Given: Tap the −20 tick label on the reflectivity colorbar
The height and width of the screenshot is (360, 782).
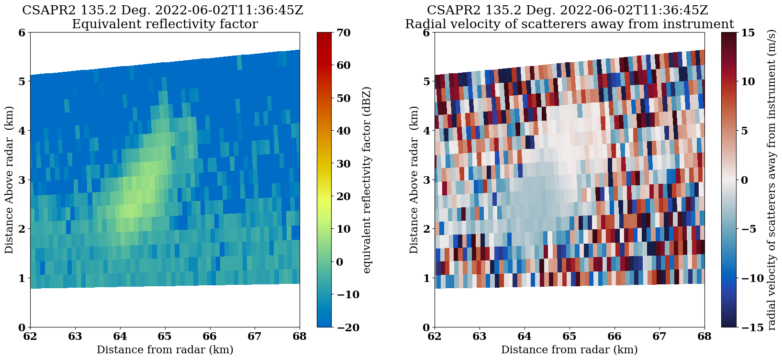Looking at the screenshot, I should (341, 327).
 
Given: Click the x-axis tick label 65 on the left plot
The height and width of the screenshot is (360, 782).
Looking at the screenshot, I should (165, 336).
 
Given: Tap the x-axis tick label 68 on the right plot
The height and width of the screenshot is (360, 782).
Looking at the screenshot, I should (704, 336).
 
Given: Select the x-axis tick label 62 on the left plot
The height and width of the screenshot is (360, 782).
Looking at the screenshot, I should (30, 336).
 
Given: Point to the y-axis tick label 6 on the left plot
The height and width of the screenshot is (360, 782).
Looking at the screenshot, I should (22, 33).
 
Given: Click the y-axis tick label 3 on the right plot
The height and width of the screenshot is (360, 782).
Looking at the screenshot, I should (426, 180).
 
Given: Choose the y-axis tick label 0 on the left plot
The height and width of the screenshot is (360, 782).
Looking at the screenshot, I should (22, 327).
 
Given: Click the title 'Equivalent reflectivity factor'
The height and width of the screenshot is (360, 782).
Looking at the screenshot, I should (165, 24).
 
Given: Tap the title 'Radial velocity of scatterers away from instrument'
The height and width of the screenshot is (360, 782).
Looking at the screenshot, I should (569, 24).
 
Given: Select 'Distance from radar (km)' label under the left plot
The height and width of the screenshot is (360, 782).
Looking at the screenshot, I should (165, 350).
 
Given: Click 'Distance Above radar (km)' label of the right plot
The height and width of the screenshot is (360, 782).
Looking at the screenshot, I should (413, 180).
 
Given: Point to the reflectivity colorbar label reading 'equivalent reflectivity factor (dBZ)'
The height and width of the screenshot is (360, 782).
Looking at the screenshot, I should (367, 180).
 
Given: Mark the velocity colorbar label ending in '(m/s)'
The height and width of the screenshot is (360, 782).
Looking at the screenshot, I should (771, 180).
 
